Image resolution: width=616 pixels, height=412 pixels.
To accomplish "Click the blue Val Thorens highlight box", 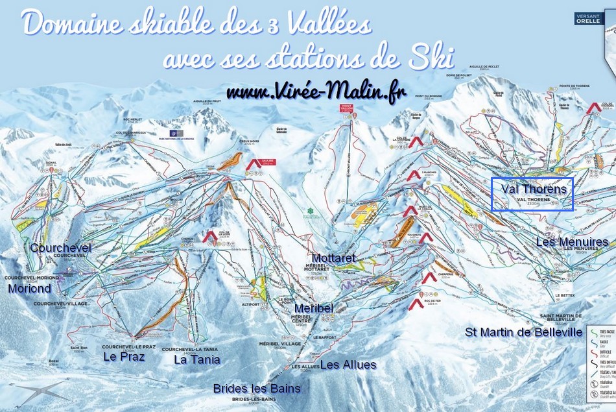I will pos(532,195).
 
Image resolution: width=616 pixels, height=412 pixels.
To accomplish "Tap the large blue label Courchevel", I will pos(60,248).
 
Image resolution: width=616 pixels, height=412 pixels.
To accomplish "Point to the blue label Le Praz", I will pos(124,356).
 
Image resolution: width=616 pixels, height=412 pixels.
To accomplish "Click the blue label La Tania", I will pos(197,359).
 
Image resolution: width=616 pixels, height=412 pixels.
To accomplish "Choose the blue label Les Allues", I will pos(348,365).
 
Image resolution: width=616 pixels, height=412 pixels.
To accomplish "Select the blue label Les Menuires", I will pos(572,242).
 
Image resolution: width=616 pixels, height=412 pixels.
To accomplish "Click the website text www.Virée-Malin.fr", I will pos(316,93).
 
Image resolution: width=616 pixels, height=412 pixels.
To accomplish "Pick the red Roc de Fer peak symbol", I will pos(416,303).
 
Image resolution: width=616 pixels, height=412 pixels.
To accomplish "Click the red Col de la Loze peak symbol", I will pos(209,237).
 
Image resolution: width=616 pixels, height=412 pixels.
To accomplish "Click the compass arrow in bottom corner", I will pos(39,391).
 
